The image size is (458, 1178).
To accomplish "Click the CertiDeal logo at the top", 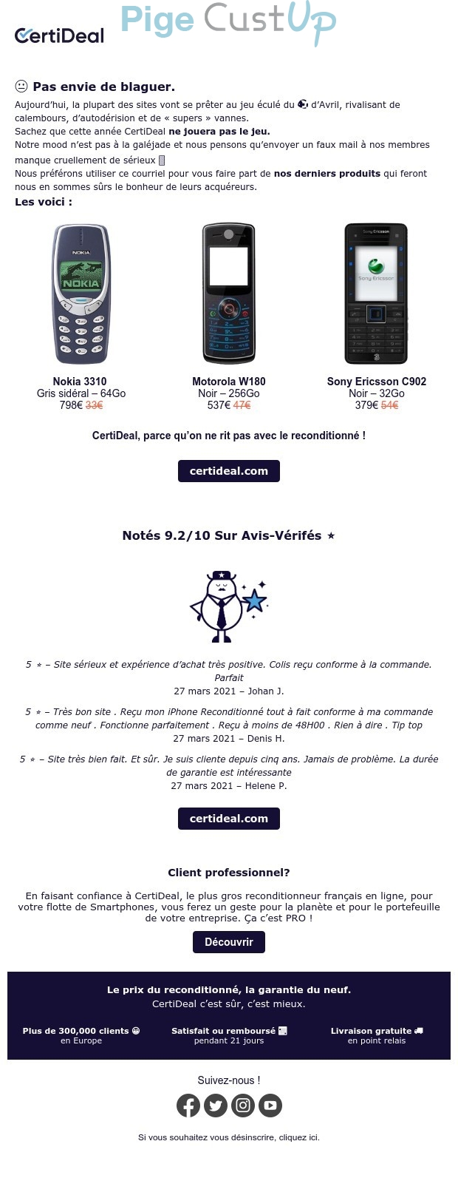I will [59, 35].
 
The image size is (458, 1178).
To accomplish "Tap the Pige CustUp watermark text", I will [228, 22].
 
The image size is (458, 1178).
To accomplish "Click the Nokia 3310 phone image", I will [80, 294].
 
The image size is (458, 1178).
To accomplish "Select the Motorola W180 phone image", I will [229, 294].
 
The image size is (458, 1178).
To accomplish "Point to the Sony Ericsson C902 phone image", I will [376, 294].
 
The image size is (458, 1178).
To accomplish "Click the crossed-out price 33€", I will [95, 405].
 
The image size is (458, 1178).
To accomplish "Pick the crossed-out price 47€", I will [242, 405].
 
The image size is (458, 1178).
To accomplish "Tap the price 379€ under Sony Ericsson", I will [366, 405].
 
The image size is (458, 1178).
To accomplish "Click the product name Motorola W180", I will [229, 382].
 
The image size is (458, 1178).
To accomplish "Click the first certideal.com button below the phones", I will [229, 471].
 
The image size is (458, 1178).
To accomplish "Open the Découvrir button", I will [229, 942].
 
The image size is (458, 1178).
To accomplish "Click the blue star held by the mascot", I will [255, 600].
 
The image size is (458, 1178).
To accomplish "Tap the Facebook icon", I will [188, 1106].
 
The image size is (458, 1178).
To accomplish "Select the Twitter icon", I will [216, 1106].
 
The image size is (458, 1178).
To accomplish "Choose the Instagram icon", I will [243, 1106].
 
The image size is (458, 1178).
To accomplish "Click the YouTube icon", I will [270, 1106].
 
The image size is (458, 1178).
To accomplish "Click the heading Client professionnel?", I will [229, 873].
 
